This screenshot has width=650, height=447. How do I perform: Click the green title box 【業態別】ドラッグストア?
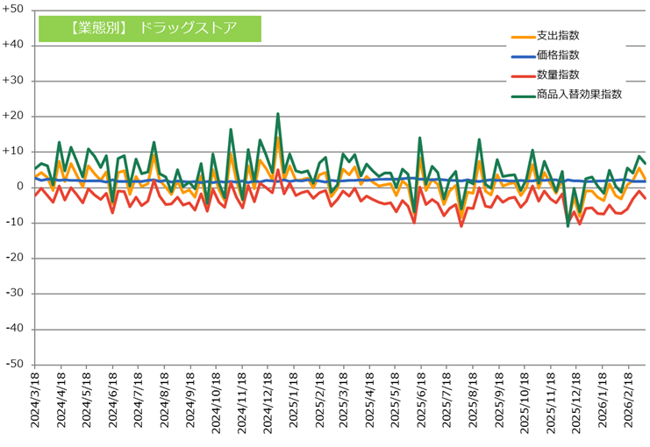(150, 26)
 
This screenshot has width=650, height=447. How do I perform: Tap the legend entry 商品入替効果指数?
(579, 94)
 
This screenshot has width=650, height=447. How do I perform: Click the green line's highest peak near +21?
(278, 114)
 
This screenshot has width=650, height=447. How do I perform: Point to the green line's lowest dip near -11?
(568, 226)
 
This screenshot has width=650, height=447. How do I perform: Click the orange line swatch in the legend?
(522, 37)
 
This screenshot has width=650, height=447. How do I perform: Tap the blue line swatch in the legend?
(522, 56)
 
